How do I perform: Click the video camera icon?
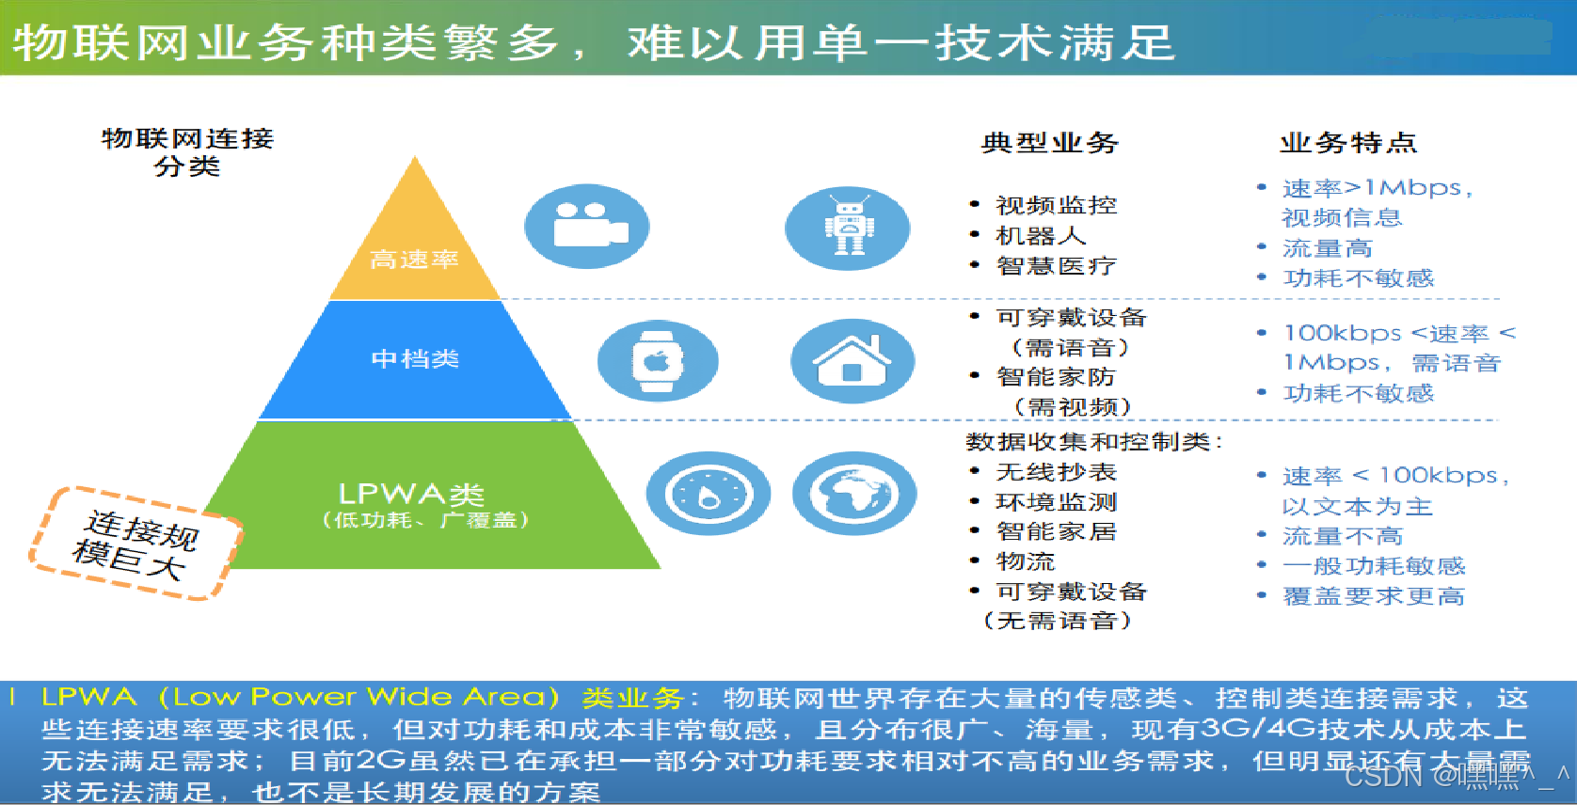[x=587, y=226]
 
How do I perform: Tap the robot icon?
[x=848, y=227]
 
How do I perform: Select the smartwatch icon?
[x=658, y=360]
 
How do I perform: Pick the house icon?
[x=852, y=361]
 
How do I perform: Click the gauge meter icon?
[x=708, y=494]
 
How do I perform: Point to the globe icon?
[x=853, y=494]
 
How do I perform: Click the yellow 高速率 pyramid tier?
[x=414, y=259]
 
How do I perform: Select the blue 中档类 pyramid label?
[x=415, y=358]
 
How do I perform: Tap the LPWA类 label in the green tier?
[x=411, y=495]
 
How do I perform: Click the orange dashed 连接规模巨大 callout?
[x=137, y=544]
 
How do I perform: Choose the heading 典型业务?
[x=1049, y=143]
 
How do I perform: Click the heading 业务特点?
[x=1347, y=143]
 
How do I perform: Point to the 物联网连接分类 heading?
[x=187, y=152]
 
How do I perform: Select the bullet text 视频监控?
[x=1056, y=205]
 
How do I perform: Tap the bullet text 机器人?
[x=1041, y=235]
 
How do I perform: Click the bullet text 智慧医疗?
[x=1056, y=266]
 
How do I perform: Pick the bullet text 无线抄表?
[x=1056, y=472]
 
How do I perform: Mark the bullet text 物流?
[x=1026, y=561]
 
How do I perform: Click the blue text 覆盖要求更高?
[x=1373, y=596]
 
